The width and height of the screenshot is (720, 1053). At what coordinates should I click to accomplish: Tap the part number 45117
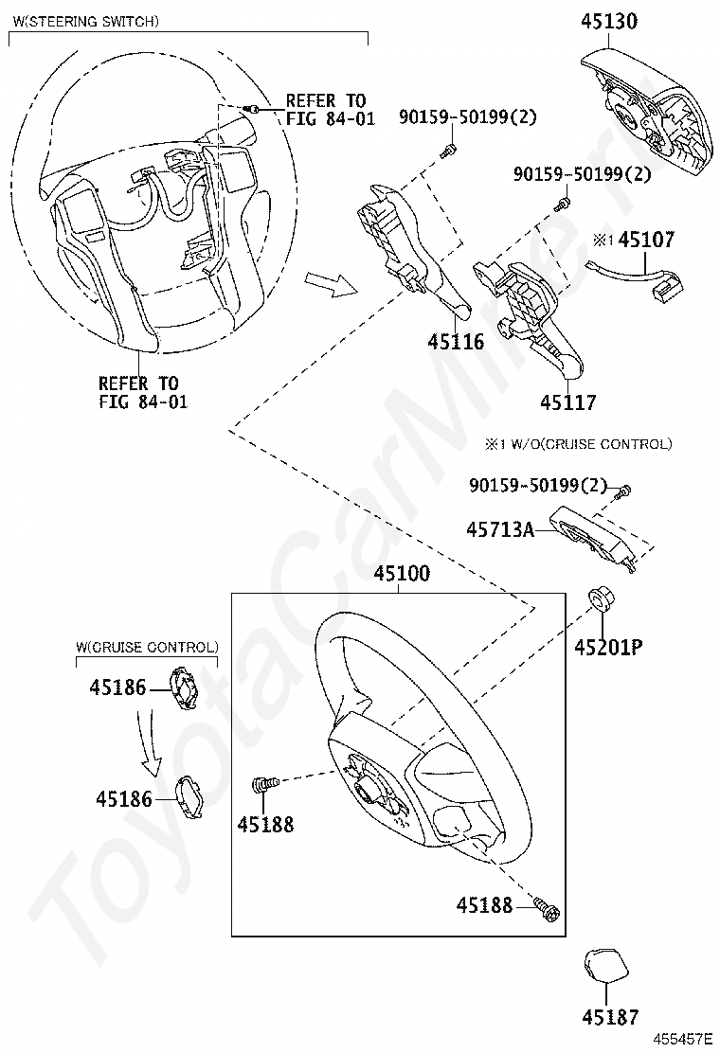click(568, 402)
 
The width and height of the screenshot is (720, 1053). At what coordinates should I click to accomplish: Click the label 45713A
click(500, 530)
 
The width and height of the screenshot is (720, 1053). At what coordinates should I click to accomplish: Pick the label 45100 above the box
click(401, 574)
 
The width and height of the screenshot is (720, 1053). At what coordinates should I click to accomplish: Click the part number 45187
click(610, 1017)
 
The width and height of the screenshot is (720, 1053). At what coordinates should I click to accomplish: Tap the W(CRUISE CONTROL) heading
click(147, 647)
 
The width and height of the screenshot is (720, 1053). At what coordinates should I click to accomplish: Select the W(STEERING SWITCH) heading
click(84, 20)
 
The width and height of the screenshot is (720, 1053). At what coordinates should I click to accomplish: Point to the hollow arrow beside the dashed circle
click(327, 282)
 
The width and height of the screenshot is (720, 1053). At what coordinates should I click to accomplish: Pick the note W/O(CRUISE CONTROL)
click(578, 443)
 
